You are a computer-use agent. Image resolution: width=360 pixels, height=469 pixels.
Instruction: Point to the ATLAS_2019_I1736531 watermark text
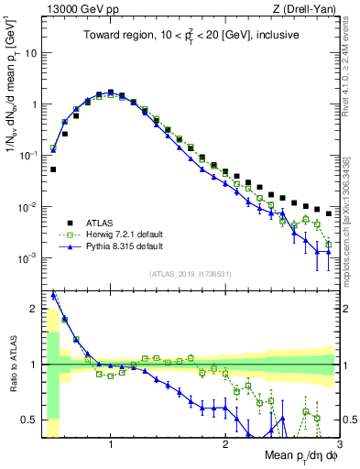point(190,275)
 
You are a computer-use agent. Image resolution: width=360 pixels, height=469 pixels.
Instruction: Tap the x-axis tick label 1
point(111,444)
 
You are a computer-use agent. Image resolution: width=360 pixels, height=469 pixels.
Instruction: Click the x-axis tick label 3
point(337,444)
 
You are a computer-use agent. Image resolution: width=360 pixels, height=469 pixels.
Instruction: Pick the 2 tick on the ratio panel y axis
point(33,309)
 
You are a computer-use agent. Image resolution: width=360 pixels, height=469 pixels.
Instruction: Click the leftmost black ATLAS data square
point(53,169)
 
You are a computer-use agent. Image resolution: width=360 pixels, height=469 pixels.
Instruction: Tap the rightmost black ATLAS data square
point(329,213)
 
